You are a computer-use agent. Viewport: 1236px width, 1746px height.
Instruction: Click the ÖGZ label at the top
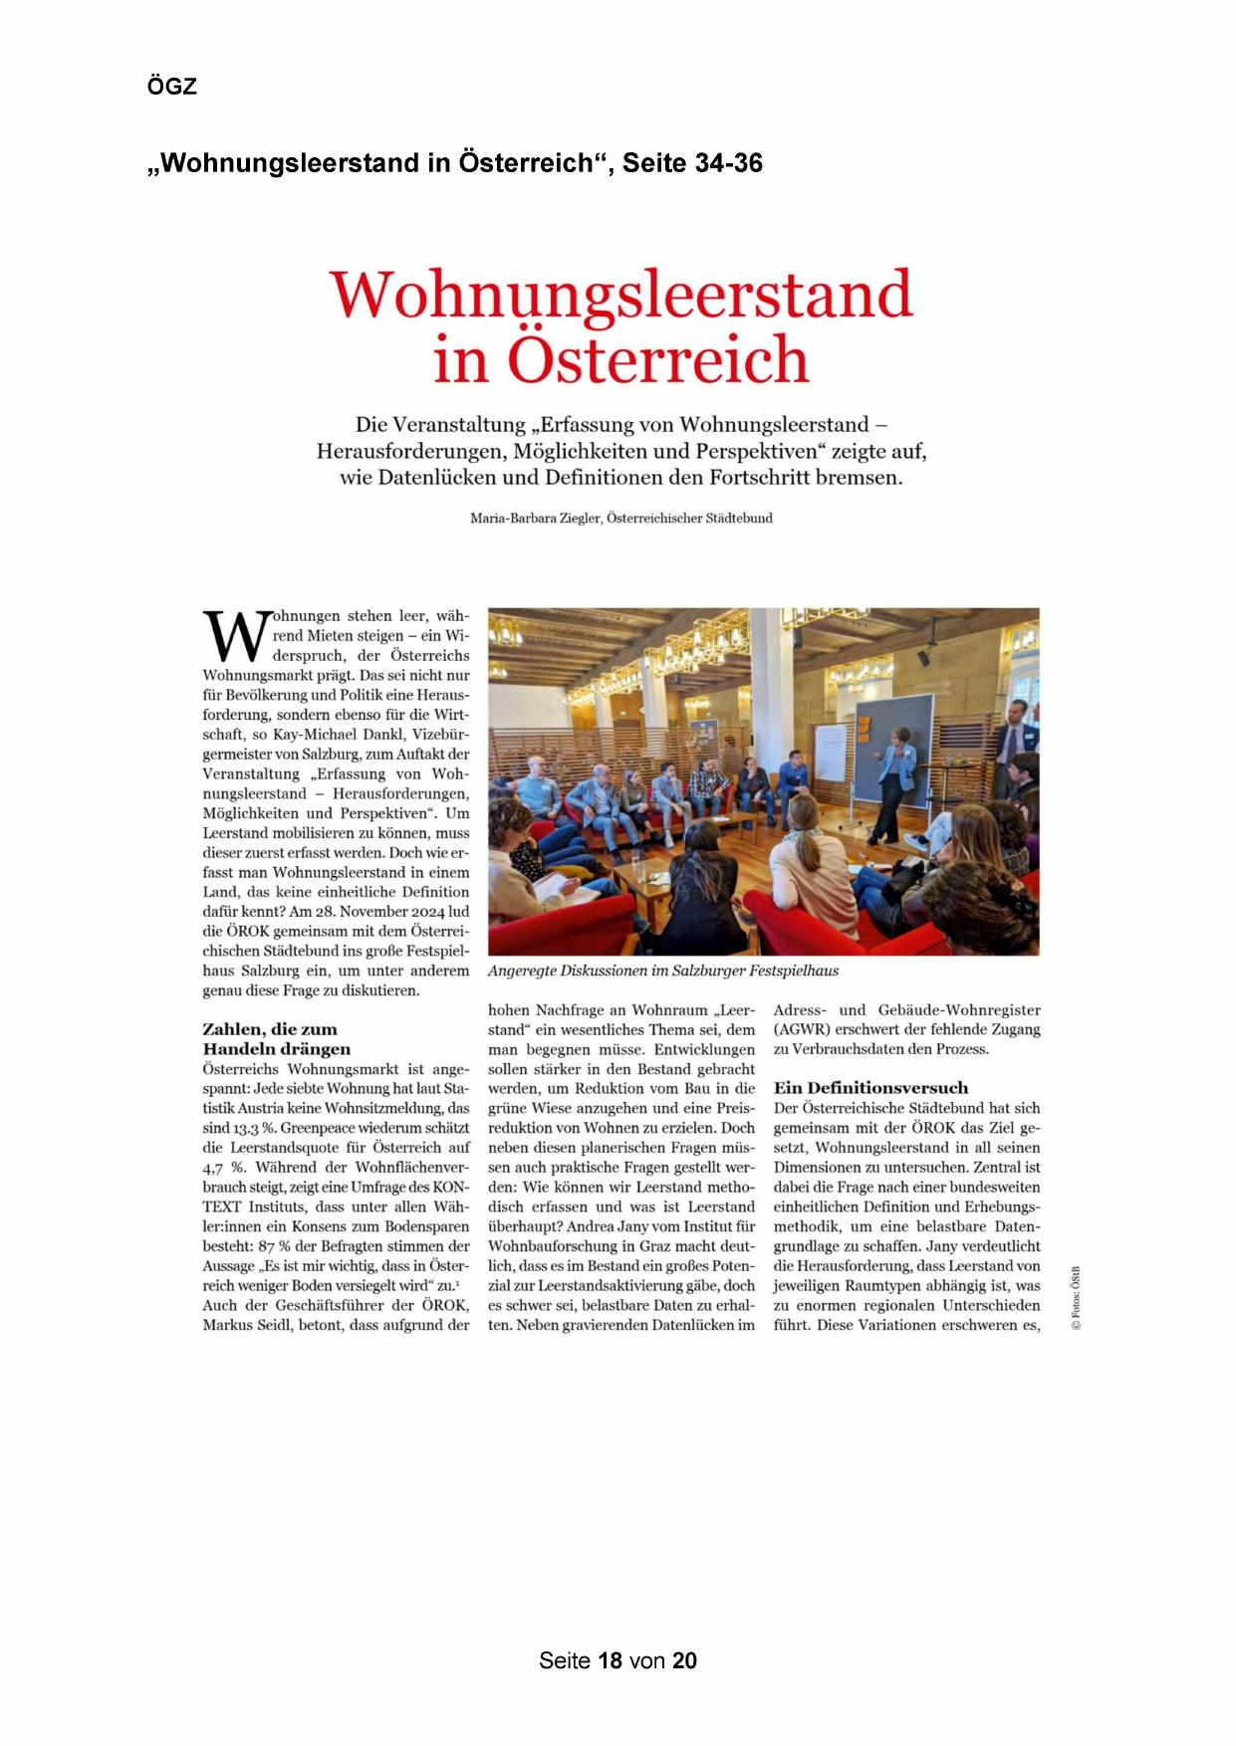point(172,87)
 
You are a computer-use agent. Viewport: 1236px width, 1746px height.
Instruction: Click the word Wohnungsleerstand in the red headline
point(620,294)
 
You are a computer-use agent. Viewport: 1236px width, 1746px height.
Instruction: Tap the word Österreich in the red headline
point(657,359)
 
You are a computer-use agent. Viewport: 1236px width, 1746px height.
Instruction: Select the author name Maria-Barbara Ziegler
point(535,519)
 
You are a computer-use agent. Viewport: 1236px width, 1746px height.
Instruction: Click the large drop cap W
point(235,636)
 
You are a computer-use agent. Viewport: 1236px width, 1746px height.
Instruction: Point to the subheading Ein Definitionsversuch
point(870,1088)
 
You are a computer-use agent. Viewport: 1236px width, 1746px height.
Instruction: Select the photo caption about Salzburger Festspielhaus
point(663,971)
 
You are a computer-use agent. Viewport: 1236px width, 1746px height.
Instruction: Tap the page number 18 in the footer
point(610,1660)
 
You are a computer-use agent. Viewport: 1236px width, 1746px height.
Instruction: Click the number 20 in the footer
point(684,1660)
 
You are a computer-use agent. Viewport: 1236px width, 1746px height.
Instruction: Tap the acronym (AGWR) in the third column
point(802,1029)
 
